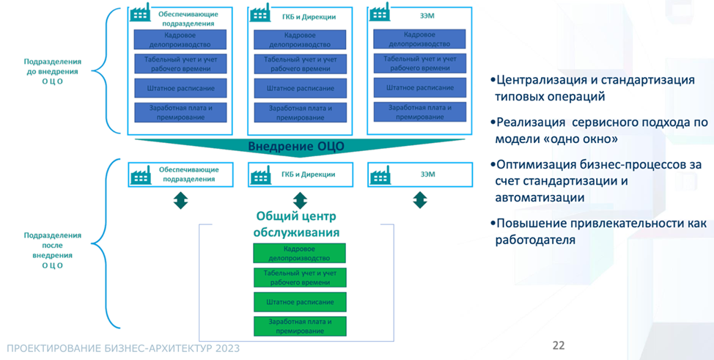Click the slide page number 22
tap(559, 345)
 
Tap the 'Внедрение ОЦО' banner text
tap(296, 146)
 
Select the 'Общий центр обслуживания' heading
tap(297, 224)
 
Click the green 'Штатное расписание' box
tap(300, 302)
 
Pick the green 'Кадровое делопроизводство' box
tap(300, 254)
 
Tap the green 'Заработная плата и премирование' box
tap(300, 326)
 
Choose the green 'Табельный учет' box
tap(300, 278)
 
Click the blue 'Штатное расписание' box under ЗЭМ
tap(420, 88)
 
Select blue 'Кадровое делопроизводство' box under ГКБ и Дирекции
tap(300, 40)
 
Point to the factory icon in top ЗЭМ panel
tap(379, 13)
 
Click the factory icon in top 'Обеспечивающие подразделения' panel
tap(139, 14)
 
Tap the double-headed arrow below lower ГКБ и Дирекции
tap(300, 200)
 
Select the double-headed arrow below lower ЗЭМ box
tap(420, 199)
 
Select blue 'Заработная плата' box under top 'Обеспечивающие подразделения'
tap(180, 112)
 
